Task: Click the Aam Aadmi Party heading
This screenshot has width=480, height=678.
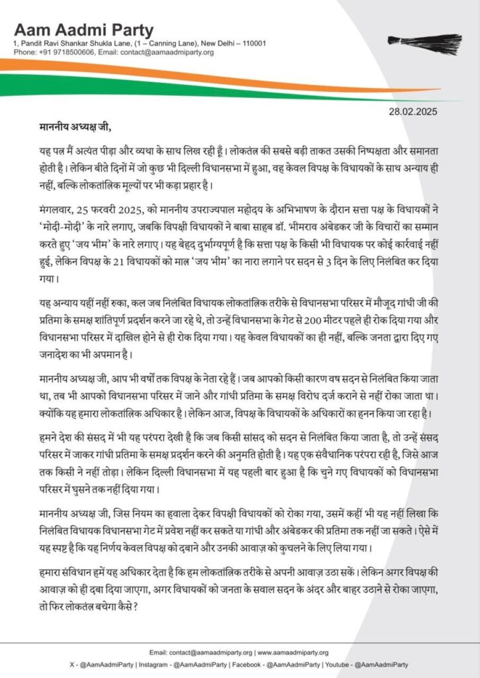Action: (x=83, y=30)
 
